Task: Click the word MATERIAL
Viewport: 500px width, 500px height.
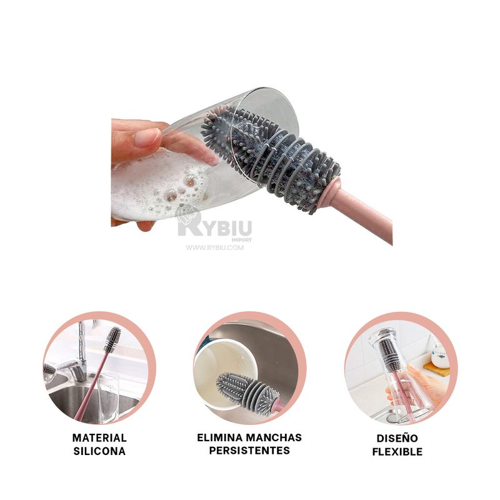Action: (99, 438)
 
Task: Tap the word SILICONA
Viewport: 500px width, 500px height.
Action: (99, 451)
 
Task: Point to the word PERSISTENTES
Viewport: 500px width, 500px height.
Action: (249, 451)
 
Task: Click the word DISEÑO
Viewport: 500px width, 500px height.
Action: (397, 438)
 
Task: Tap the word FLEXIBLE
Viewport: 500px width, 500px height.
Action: (397, 451)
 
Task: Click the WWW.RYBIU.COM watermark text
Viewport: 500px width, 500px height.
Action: (214, 247)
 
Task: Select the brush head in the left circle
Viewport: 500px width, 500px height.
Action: (112, 339)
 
